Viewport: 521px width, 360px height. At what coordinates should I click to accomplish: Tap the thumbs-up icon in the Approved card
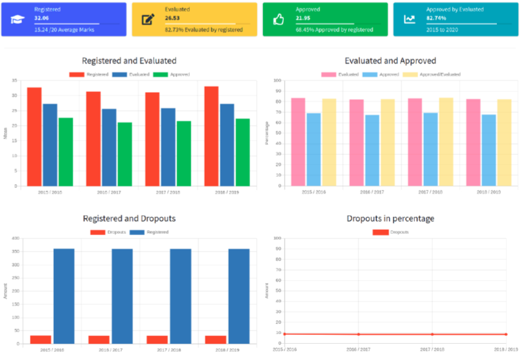coord(279,19)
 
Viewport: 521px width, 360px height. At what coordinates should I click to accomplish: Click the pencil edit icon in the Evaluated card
coord(148,19)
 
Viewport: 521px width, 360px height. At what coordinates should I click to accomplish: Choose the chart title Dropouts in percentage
coord(390,219)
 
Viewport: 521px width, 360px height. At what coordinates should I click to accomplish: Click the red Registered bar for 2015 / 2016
coord(34,137)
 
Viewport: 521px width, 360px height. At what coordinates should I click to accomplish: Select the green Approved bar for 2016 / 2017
coord(124,154)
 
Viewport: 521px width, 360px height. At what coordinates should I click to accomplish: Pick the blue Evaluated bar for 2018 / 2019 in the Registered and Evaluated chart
coord(227,145)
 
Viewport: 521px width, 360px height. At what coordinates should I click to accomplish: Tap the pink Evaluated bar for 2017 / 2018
coord(415,142)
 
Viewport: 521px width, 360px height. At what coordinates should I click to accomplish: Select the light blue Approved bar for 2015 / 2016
coord(313,150)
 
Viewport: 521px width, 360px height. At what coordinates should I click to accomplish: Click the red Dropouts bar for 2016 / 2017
coord(98,339)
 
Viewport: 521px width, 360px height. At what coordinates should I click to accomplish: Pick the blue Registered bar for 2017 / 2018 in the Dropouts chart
coord(180,296)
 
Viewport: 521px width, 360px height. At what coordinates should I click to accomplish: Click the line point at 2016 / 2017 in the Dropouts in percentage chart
coord(358,334)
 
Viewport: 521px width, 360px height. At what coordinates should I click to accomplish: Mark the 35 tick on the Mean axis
coord(14,81)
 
